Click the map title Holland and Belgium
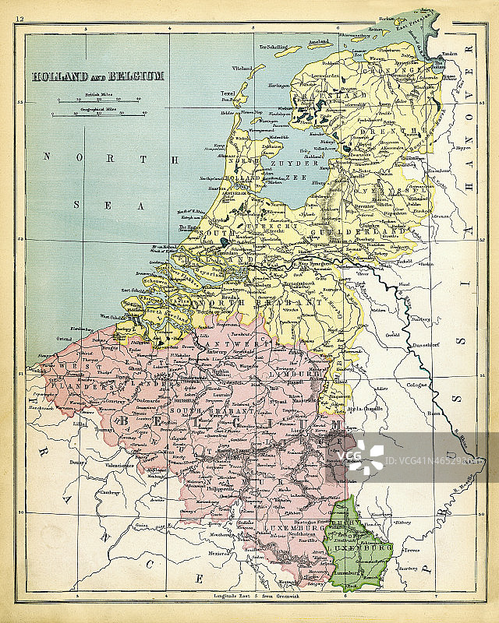(97, 76)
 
